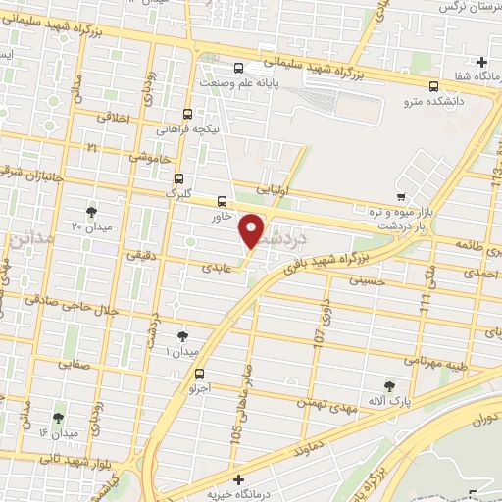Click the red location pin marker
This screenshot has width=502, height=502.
253,229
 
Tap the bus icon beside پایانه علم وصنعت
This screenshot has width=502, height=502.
240,69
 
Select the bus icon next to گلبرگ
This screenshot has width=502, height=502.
177,178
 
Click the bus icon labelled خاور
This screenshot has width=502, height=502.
222,201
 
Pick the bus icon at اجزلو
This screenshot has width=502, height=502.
200,373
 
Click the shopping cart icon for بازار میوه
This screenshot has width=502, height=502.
401,196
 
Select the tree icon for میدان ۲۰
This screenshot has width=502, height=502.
92,212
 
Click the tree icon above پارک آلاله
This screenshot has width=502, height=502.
391,384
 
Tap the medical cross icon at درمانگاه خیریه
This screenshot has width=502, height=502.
239,478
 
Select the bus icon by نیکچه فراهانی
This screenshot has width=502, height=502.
187,113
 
